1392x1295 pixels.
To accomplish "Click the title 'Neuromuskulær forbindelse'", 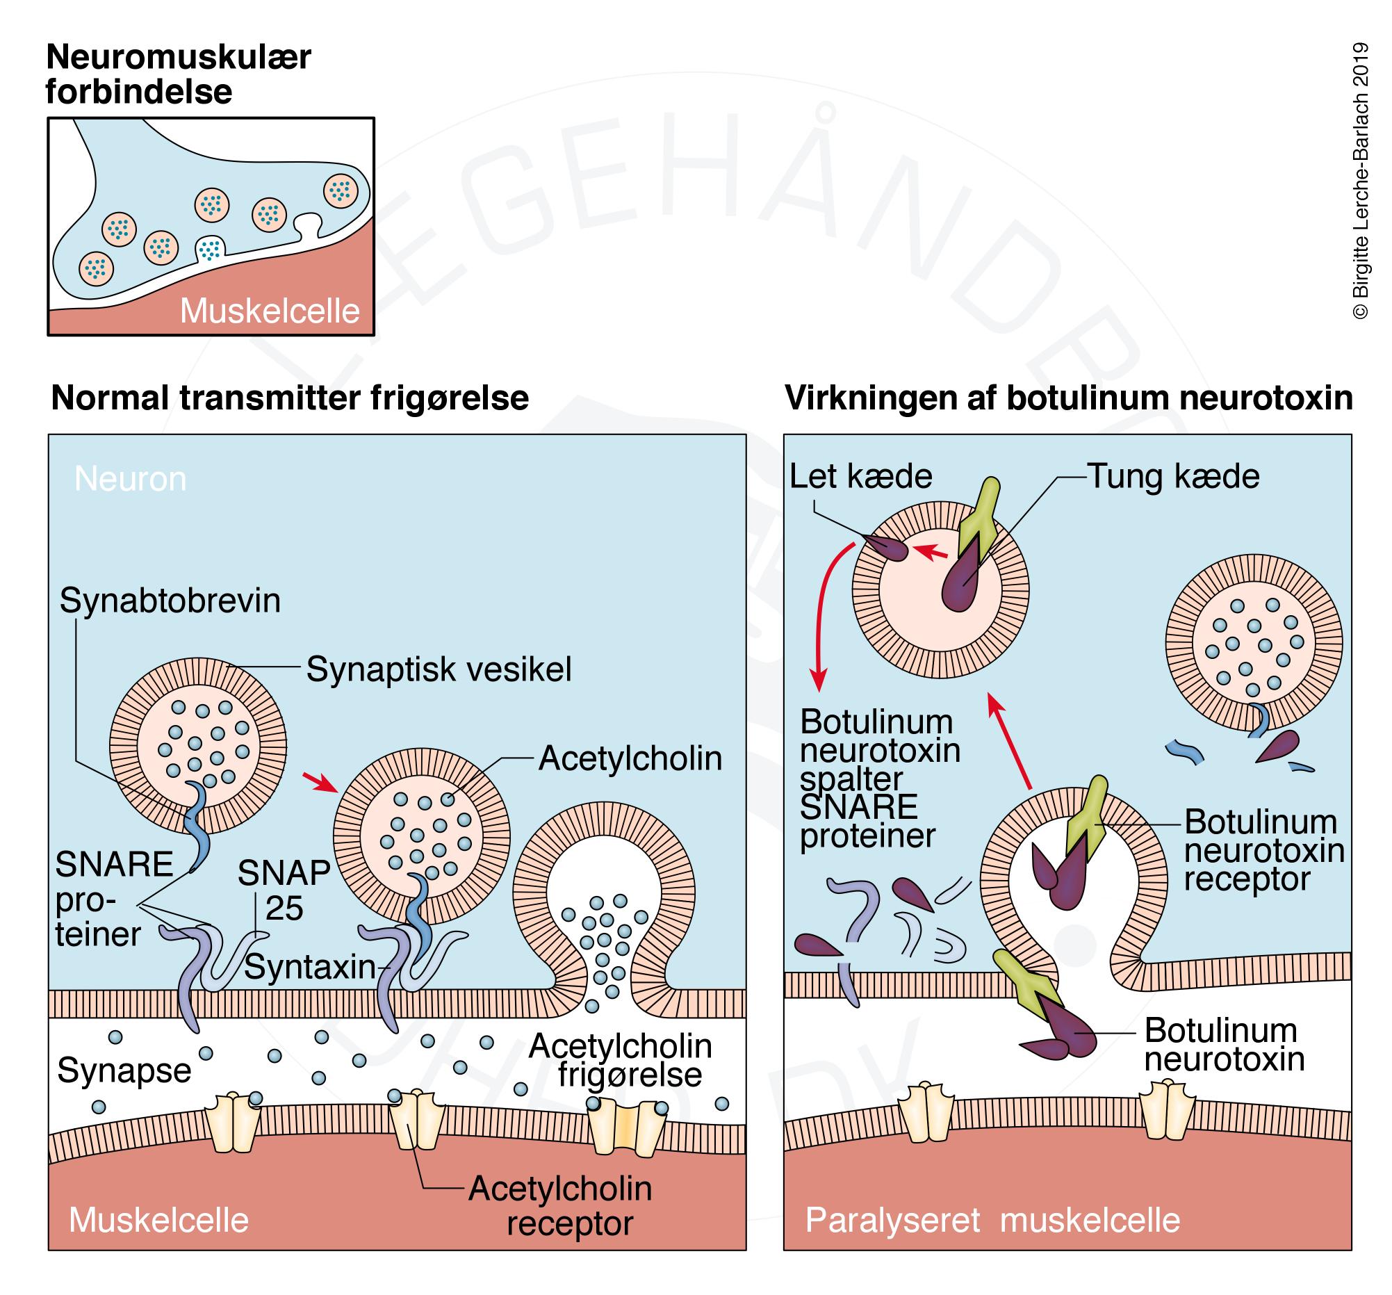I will pyautogui.click(x=178, y=74).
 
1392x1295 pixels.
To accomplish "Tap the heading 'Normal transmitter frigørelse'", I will pyautogui.click(x=289, y=398).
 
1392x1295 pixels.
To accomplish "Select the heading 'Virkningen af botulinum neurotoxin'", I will pyautogui.click(x=1069, y=398).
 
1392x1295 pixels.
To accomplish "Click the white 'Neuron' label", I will pyautogui.click(x=130, y=479).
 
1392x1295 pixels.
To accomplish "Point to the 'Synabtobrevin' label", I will pyautogui.click(x=170, y=601).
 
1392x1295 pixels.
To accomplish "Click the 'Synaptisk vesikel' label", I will pyautogui.click(x=439, y=669).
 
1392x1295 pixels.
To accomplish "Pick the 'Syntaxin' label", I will pyautogui.click(x=310, y=967).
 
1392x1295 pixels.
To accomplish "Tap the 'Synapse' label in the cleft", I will pyautogui.click(x=124, y=1070).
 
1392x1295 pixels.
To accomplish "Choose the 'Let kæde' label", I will pyautogui.click(x=860, y=477).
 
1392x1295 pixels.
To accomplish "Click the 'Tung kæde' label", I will pyautogui.click(x=1173, y=477).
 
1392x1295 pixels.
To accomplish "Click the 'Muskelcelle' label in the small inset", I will pyautogui.click(x=270, y=311).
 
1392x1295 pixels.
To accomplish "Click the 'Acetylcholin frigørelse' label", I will pyautogui.click(x=621, y=1060).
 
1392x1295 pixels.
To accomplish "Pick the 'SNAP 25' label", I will pyautogui.click(x=284, y=890).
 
